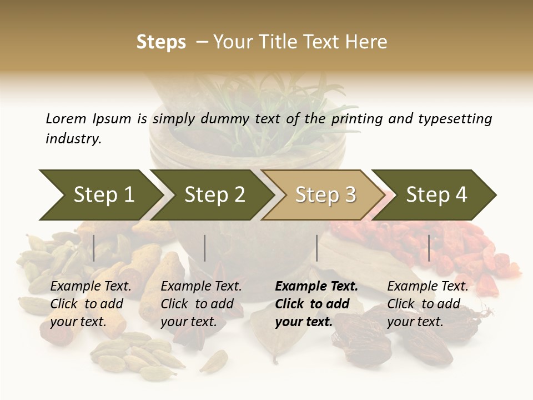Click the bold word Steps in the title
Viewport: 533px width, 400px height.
(161, 42)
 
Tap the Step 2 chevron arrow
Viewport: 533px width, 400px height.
(214, 194)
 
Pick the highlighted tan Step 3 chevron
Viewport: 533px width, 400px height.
(325, 194)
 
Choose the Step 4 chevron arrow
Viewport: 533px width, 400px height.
(436, 194)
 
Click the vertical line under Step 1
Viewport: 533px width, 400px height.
(94, 248)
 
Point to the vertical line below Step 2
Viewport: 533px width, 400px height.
(205, 248)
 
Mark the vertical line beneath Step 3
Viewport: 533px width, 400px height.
(317, 248)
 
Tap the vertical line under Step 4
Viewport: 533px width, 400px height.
(429, 248)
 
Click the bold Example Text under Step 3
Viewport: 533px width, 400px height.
(316, 286)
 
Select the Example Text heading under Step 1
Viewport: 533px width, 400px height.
(90, 286)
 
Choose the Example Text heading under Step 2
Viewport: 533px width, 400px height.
(201, 286)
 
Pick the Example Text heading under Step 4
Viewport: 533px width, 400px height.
(428, 286)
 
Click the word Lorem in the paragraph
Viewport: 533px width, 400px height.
(66, 119)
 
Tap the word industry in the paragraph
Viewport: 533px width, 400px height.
(73, 139)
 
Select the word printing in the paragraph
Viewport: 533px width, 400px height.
(356, 119)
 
